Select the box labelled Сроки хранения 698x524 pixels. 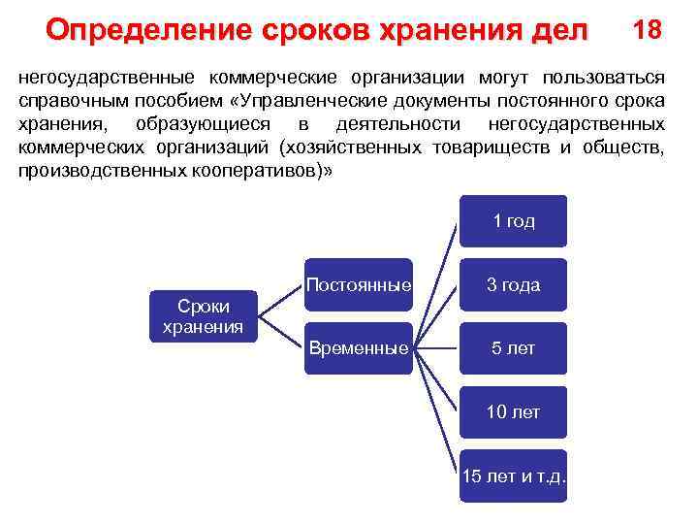(203, 316)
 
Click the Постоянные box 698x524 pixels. (358, 285)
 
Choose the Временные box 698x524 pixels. (358, 348)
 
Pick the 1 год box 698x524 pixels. (513, 221)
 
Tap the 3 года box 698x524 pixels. (513, 285)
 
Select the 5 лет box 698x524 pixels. (513, 348)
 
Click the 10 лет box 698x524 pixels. (513, 412)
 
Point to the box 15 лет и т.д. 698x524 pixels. (513, 475)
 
